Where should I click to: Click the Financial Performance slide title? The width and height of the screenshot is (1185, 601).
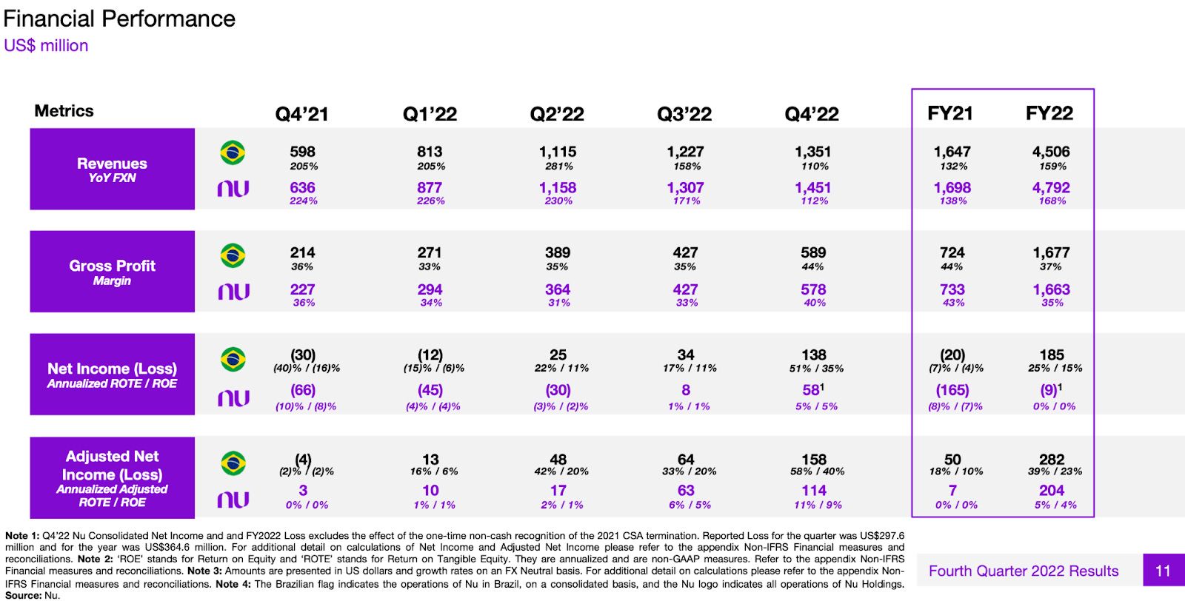(x=119, y=19)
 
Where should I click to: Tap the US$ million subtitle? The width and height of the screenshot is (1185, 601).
(x=46, y=46)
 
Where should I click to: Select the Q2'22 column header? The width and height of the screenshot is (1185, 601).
(x=557, y=114)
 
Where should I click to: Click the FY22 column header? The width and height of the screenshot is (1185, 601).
(x=1049, y=113)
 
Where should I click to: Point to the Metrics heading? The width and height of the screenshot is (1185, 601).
(x=64, y=111)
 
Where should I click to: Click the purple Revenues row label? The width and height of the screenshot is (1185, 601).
(x=112, y=169)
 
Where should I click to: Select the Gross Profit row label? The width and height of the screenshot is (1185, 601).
(x=112, y=271)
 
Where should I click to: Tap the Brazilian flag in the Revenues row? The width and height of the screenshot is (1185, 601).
(x=233, y=153)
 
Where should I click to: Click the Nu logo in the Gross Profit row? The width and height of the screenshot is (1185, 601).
(x=233, y=292)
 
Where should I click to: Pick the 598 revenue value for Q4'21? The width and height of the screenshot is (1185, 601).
(x=302, y=152)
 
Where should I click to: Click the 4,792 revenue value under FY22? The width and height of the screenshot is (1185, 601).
(x=1051, y=188)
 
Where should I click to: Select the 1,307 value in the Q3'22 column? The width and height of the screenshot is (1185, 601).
(x=685, y=188)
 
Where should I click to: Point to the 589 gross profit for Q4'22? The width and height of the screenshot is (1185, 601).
(x=813, y=253)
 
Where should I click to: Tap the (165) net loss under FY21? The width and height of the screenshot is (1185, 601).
(x=952, y=390)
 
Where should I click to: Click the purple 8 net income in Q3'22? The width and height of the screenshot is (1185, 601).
(x=686, y=390)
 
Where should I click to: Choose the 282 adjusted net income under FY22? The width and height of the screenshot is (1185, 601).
(x=1051, y=460)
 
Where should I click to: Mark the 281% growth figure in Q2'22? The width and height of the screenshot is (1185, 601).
(x=558, y=167)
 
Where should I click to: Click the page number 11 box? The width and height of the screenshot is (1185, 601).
(x=1163, y=571)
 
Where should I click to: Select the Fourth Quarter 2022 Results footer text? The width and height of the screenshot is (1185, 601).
(x=1024, y=571)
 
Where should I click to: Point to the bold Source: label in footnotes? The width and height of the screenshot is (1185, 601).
(x=23, y=595)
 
